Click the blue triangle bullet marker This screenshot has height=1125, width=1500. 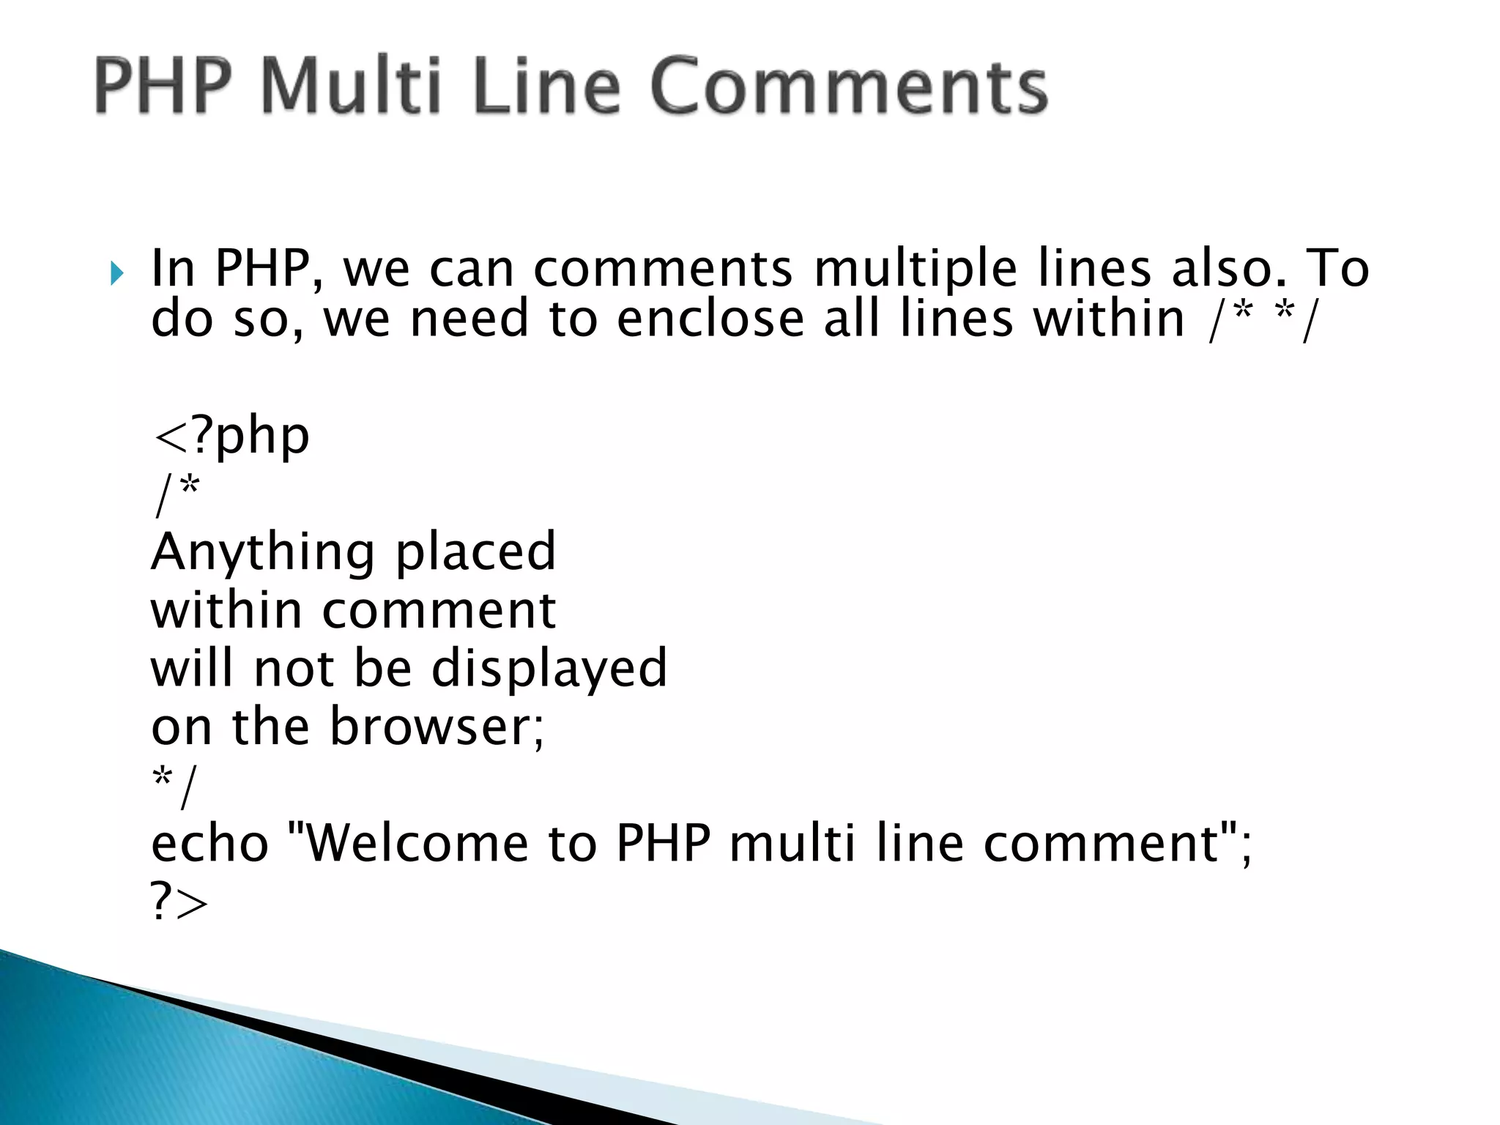click(x=117, y=273)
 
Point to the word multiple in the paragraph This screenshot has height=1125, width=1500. click(x=916, y=269)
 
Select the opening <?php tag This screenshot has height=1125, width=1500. click(x=231, y=437)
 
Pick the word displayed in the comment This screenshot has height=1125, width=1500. click(x=549, y=668)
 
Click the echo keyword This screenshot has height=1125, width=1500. click(x=210, y=843)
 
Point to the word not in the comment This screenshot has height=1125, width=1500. click(x=294, y=668)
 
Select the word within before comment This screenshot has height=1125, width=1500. click(x=226, y=610)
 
